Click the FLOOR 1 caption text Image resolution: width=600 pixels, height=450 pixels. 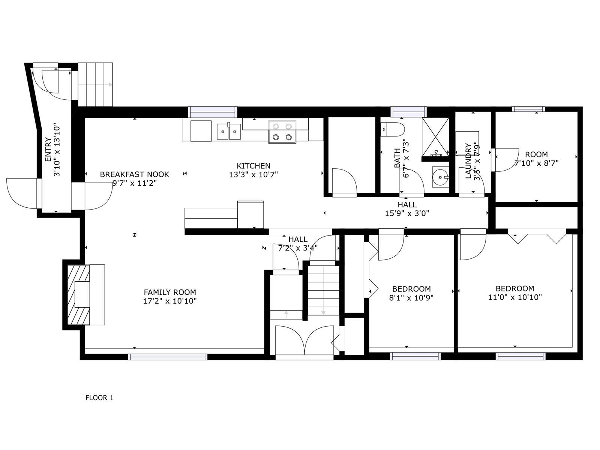(99, 398)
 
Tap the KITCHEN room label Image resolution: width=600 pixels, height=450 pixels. (253, 166)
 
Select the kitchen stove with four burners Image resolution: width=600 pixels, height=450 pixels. (282, 132)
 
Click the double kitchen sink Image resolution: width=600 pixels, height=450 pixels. (229, 131)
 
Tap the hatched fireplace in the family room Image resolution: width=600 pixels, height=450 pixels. (78, 294)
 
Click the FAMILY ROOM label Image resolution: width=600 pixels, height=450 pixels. (170, 292)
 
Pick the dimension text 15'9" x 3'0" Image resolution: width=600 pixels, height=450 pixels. (407, 214)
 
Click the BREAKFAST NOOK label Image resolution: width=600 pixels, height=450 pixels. (134, 174)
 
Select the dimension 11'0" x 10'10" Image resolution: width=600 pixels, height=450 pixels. (515, 297)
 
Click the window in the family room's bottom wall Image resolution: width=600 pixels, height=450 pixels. (168, 357)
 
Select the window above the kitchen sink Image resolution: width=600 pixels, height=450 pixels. (213, 112)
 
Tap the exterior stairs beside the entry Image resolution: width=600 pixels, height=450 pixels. (95, 85)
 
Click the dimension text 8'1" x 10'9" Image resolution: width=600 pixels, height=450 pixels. (411, 298)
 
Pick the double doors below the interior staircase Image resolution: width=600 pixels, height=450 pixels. (304, 340)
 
